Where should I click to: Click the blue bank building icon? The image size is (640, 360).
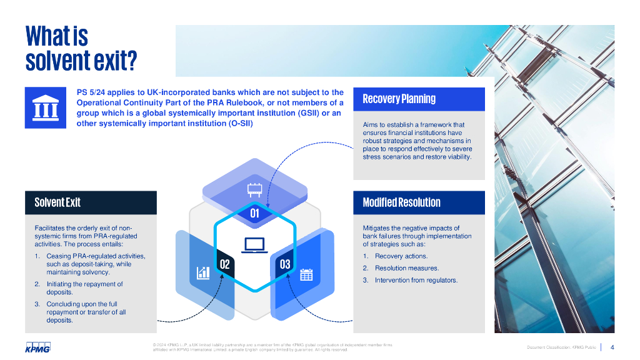tap(45, 107)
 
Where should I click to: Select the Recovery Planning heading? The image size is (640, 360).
tap(399, 99)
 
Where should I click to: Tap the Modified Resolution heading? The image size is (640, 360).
tap(401, 202)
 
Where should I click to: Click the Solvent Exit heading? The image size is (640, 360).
tap(57, 202)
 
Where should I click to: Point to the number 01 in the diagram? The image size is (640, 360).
tap(254, 214)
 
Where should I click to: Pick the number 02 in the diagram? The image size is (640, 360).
tap(224, 264)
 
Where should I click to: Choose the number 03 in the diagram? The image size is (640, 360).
tap(285, 264)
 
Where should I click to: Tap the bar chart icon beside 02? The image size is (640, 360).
tap(203, 272)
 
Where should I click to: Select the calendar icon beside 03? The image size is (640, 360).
tap(306, 274)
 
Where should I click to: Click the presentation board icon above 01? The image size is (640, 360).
tap(254, 189)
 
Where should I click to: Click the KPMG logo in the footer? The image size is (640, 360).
tap(37, 347)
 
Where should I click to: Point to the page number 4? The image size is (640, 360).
tap(612, 347)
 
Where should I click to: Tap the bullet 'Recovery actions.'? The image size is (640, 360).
tap(401, 256)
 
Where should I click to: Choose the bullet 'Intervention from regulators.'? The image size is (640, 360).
tap(416, 280)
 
